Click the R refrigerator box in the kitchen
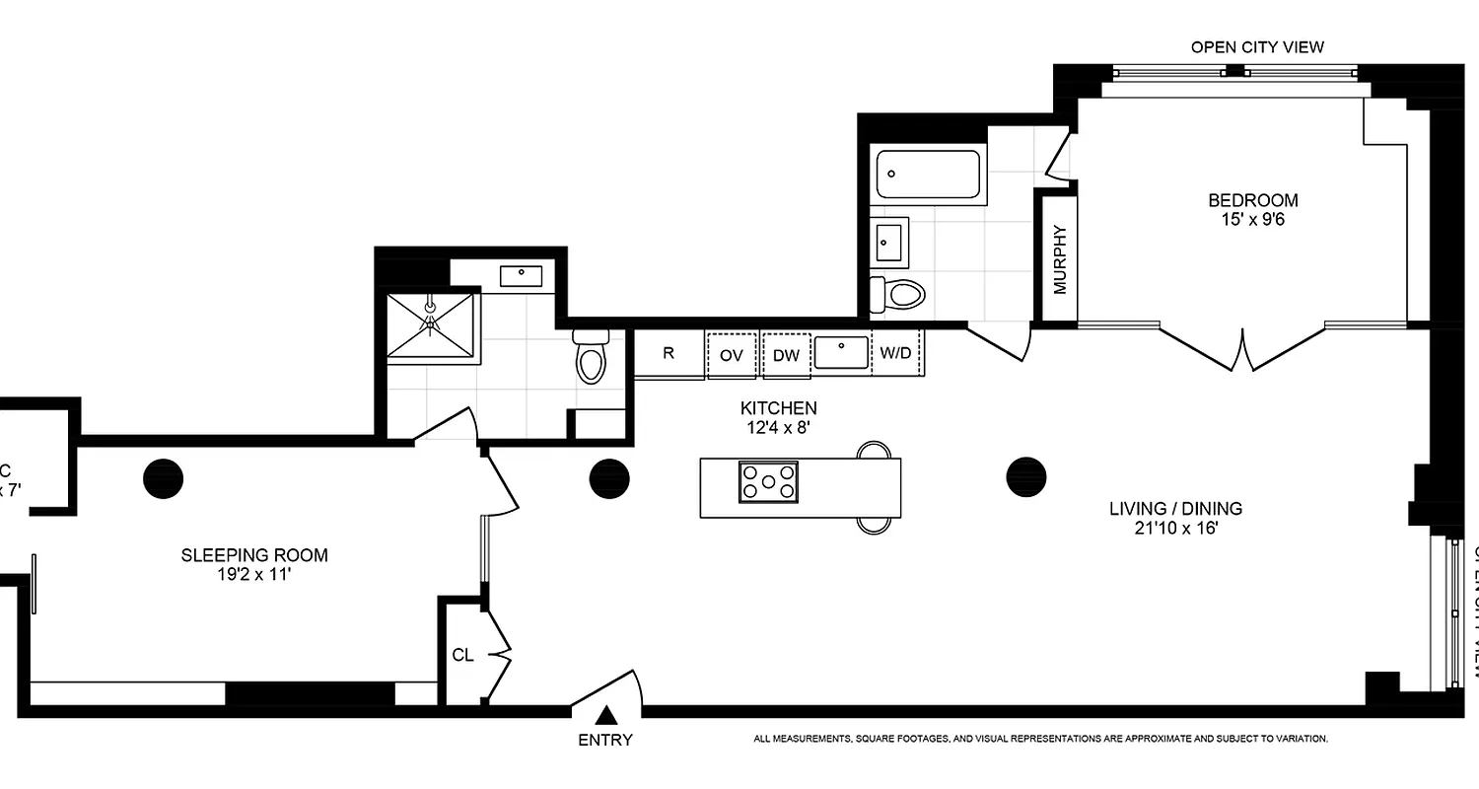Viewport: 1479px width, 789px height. tap(669, 354)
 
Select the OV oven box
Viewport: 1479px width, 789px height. tap(731, 355)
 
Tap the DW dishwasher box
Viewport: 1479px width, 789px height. tap(786, 355)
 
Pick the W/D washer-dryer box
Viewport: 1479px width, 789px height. tap(895, 354)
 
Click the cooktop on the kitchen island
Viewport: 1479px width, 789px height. tap(768, 481)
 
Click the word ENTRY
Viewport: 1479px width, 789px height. tap(605, 740)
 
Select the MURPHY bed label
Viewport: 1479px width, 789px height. tap(1060, 260)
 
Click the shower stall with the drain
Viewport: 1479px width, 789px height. tap(430, 325)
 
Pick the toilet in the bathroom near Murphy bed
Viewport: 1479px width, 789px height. tap(899, 294)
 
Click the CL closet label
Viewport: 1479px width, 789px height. tap(463, 655)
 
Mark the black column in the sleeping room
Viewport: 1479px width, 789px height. tap(164, 478)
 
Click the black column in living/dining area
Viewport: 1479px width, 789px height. tap(1025, 476)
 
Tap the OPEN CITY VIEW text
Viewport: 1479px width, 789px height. tap(1257, 46)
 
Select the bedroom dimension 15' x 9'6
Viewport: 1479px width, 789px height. tap(1252, 220)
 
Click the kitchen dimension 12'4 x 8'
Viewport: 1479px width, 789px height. tap(779, 428)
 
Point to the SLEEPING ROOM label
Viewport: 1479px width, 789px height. tap(254, 555)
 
